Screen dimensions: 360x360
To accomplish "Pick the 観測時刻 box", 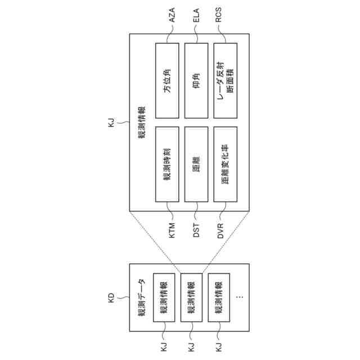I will [167, 164].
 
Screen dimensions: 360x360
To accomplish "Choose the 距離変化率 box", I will [226, 164].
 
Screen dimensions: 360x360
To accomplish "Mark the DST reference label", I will [196, 230].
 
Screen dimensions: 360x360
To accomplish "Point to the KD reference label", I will [111, 296].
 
